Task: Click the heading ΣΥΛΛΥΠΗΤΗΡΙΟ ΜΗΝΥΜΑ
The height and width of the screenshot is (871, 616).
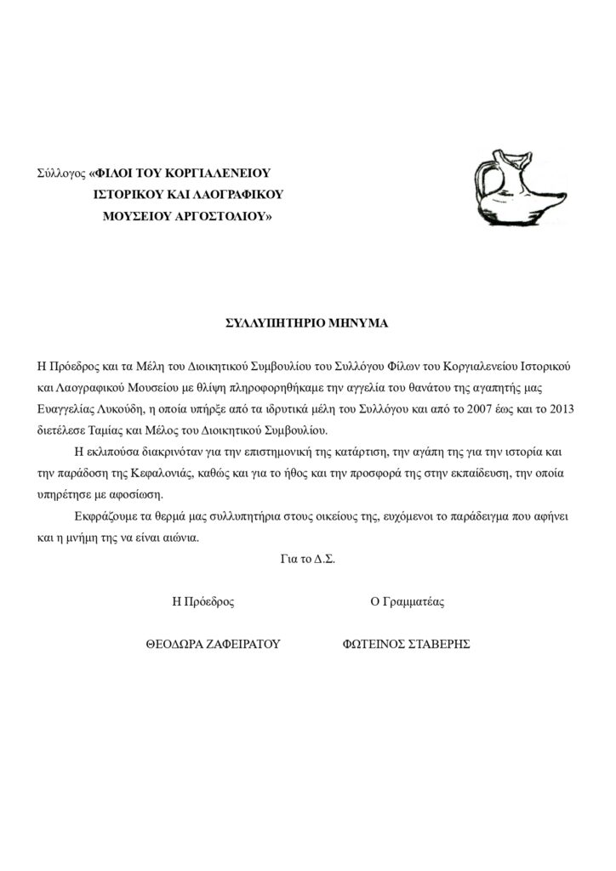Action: tap(306, 324)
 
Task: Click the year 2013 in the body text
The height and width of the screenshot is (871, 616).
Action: tap(559, 408)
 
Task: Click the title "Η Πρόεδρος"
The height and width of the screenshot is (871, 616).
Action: tap(202, 602)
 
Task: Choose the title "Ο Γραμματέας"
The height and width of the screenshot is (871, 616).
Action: tap(407, 602)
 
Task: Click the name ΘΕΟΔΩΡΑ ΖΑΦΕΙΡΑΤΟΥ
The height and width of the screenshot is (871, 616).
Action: tap(214, 645)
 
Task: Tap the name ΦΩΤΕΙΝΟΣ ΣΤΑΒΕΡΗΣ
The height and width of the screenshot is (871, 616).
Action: tap(406, 645)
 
